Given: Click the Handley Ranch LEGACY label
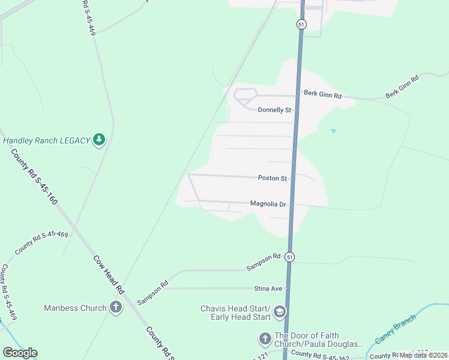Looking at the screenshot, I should pos(46,140).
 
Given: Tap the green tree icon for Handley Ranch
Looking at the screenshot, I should pos(99,140).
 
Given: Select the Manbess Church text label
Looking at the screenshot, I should pos(75,308).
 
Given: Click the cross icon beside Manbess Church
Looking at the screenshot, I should pos(116,308).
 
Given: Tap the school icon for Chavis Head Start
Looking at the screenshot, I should pos(280,312).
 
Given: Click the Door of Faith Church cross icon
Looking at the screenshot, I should pos(265,339).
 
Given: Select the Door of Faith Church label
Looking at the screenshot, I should pos(319,340).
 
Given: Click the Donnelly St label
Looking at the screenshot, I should pos(274,110).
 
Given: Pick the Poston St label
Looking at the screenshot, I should pos(273,178).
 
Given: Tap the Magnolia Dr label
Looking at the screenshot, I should pos(268,204).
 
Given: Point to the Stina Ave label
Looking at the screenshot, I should pos(268,289).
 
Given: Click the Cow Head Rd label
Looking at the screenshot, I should pos(108,274).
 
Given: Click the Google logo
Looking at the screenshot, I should pos(20,352).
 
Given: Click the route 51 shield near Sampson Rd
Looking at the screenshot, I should pos(290,257).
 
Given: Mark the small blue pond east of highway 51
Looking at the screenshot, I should pos(333,130).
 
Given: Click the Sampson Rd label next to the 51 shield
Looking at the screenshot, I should pos(263,262).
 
